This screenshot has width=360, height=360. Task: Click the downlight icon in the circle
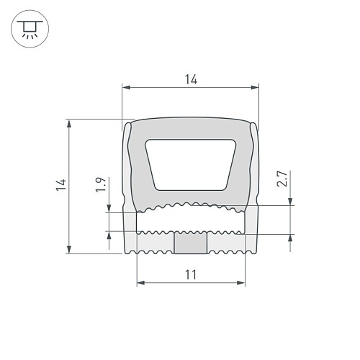tap(30, 29)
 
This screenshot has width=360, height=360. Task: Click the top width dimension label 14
tap(191, 80)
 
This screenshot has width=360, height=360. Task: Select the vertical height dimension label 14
tap(61, 184)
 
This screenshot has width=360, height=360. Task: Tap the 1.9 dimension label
tap(101, 184)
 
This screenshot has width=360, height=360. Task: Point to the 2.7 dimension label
tap(282, 179)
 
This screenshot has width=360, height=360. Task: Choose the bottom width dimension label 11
tap(191, 275)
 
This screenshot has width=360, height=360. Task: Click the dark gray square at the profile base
tap(190, 243)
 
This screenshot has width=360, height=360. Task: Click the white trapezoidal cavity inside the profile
tap(191, 165)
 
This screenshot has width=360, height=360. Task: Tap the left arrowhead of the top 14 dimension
tap(126, 87)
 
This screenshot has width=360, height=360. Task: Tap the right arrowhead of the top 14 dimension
tap(255, 87)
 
